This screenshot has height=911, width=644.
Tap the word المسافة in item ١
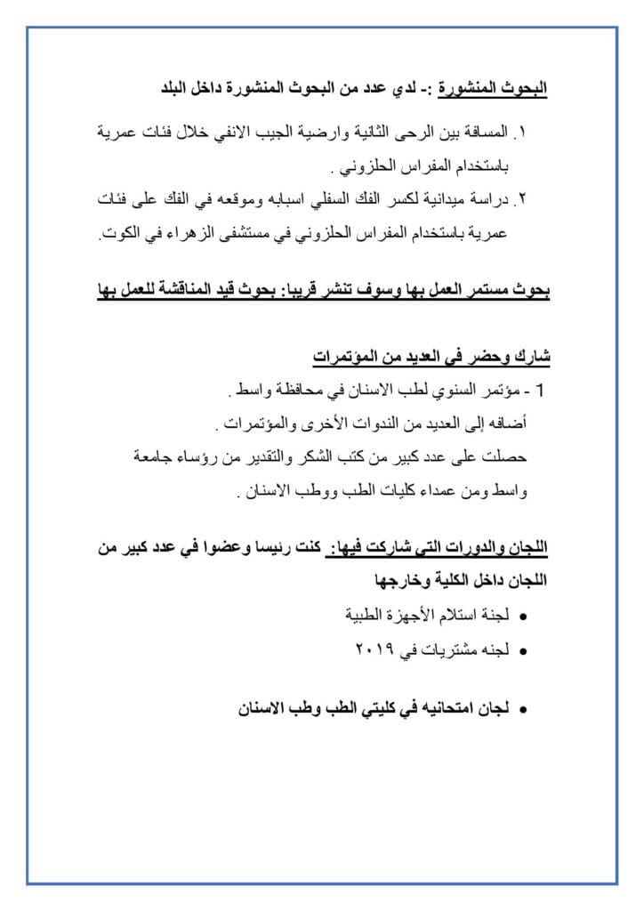(480, 132)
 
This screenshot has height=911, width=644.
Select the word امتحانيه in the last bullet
(422, 709)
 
